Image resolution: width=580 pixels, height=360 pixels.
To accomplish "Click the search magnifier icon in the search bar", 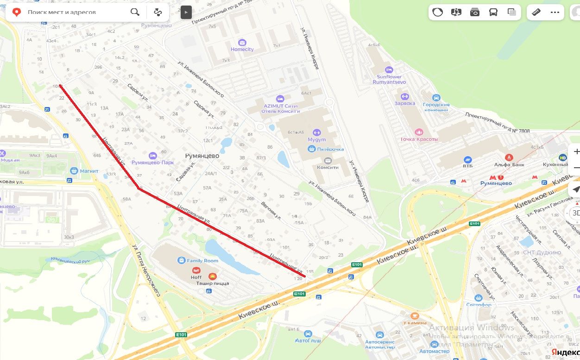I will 135,12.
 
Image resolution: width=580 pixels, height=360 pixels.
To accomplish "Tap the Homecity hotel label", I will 242,49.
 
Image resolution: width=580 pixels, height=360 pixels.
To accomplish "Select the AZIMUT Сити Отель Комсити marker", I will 280,99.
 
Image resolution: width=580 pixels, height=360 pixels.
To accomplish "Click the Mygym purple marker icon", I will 317,133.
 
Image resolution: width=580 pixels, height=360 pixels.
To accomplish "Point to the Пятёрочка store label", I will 330,149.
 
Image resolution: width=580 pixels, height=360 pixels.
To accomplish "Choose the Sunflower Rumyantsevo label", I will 389,79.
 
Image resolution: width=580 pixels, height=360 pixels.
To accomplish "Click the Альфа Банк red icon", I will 510,158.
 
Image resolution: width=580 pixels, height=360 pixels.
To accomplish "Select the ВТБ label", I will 467,165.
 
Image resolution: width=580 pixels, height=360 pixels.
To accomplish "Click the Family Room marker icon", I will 181,260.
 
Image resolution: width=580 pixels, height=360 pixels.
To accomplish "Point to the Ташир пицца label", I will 213,283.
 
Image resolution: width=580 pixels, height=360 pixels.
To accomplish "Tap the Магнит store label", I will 89,171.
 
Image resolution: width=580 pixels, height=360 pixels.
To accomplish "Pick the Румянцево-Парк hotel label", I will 152,163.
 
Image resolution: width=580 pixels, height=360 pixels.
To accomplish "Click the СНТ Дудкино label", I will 542,253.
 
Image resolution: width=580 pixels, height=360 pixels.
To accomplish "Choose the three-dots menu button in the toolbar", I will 555,13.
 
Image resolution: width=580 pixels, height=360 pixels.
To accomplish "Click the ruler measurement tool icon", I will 537,13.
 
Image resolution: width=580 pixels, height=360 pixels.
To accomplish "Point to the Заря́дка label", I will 405,103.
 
